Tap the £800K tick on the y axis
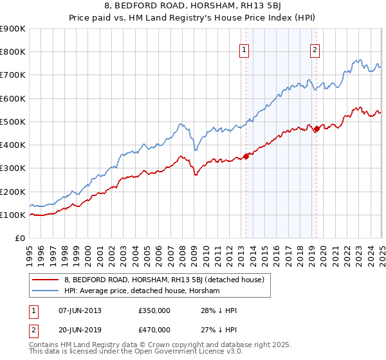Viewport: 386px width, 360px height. pyautogui.click(x=12, y=52)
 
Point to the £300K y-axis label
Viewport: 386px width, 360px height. pyautogui.click(x=12, y=168)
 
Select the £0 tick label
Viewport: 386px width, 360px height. pyautogui.click(x=19, y=239)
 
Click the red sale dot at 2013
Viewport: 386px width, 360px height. pyautogui.click(x=246, y=156)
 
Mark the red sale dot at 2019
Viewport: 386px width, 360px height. pyautogui.click(x=317, y=129)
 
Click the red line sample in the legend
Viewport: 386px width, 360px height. pyautogui.click(x=46, y=280)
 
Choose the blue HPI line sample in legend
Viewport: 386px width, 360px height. pyautogui.click(x=46, y=291)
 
